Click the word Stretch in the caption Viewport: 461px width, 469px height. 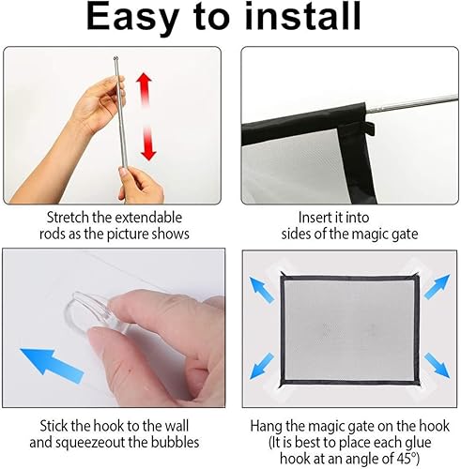tap(53, 215)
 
